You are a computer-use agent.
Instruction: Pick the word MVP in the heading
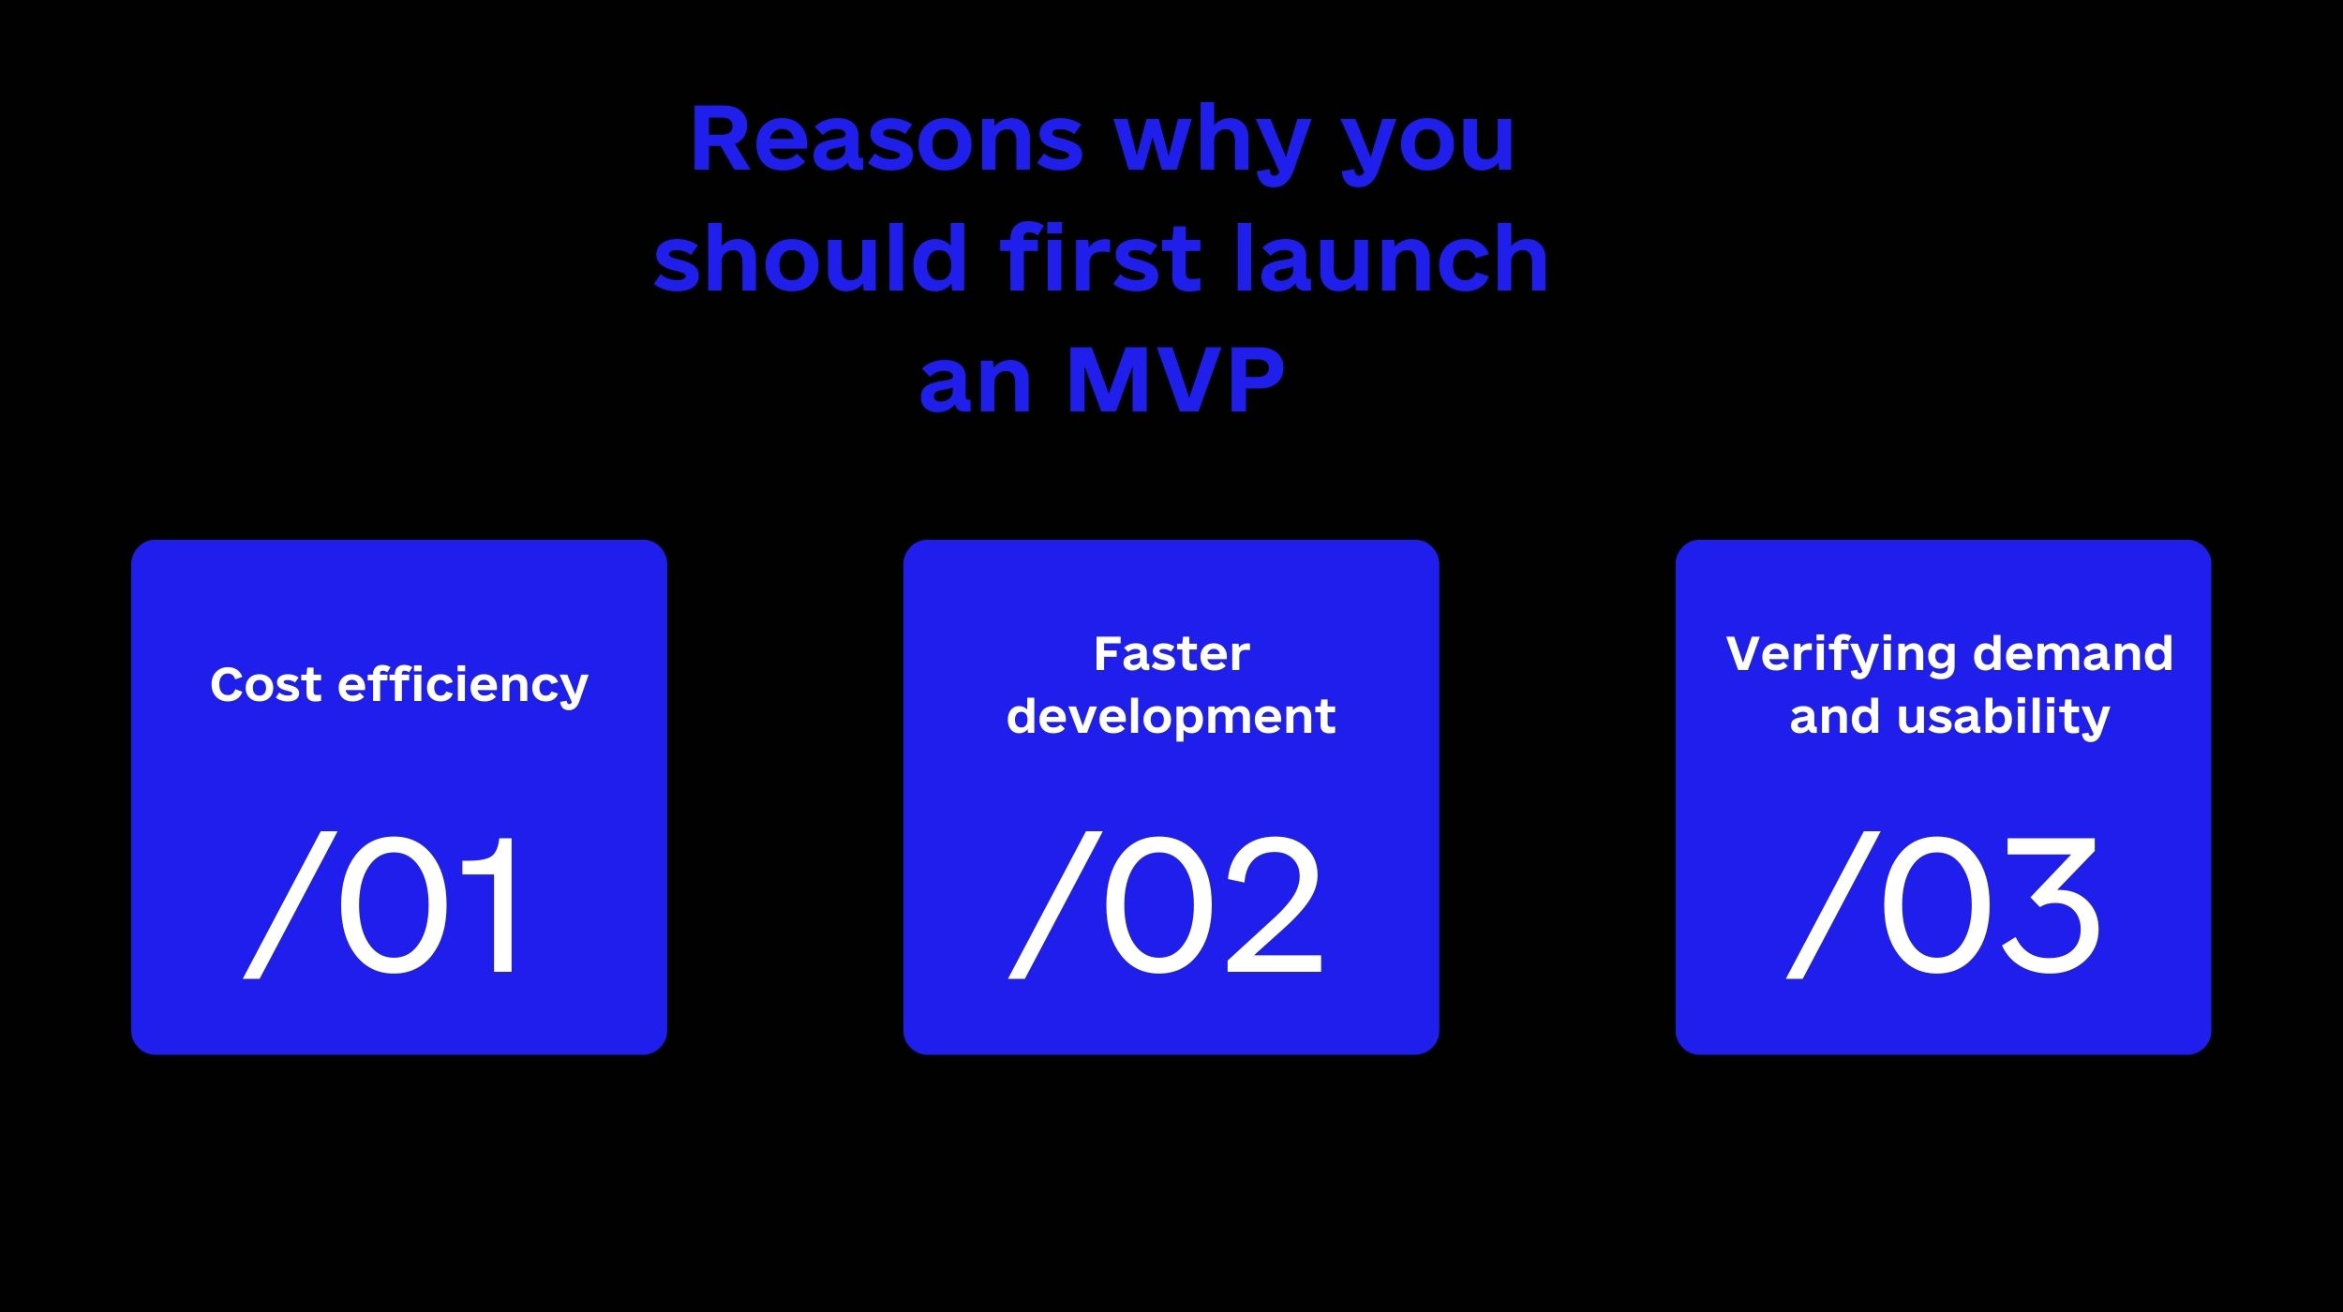[1175, 379]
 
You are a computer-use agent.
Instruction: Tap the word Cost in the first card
[266, 684]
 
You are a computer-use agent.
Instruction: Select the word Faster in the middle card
[1171, 654]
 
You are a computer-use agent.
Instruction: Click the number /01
[380, 904]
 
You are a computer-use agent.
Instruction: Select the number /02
[1165, 904]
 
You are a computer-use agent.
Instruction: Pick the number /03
[1943, 904]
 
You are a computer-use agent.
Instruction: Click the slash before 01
[290, 904]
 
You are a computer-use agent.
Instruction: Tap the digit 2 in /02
[1273, 904]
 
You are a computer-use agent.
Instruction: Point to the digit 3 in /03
[2051, 904]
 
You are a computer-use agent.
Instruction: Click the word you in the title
[1427, 144]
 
